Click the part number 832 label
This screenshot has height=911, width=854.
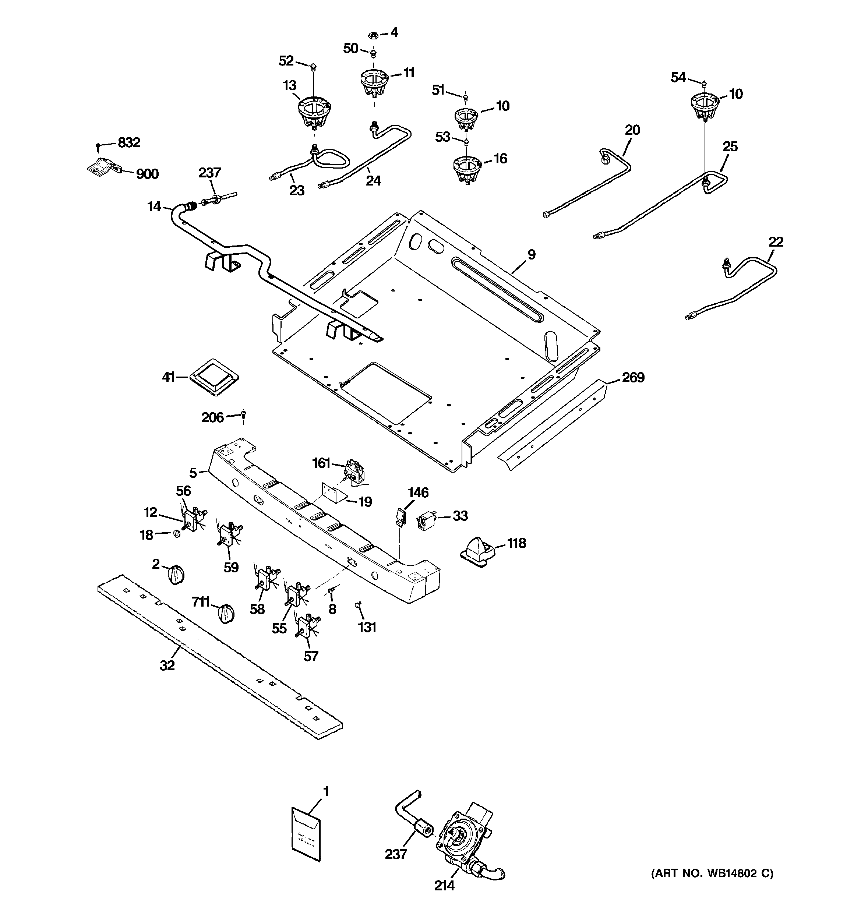click(x=129, y=142)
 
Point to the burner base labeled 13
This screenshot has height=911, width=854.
click(x=314, y=113)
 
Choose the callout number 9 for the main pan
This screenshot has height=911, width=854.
click(x=531, y=255)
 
